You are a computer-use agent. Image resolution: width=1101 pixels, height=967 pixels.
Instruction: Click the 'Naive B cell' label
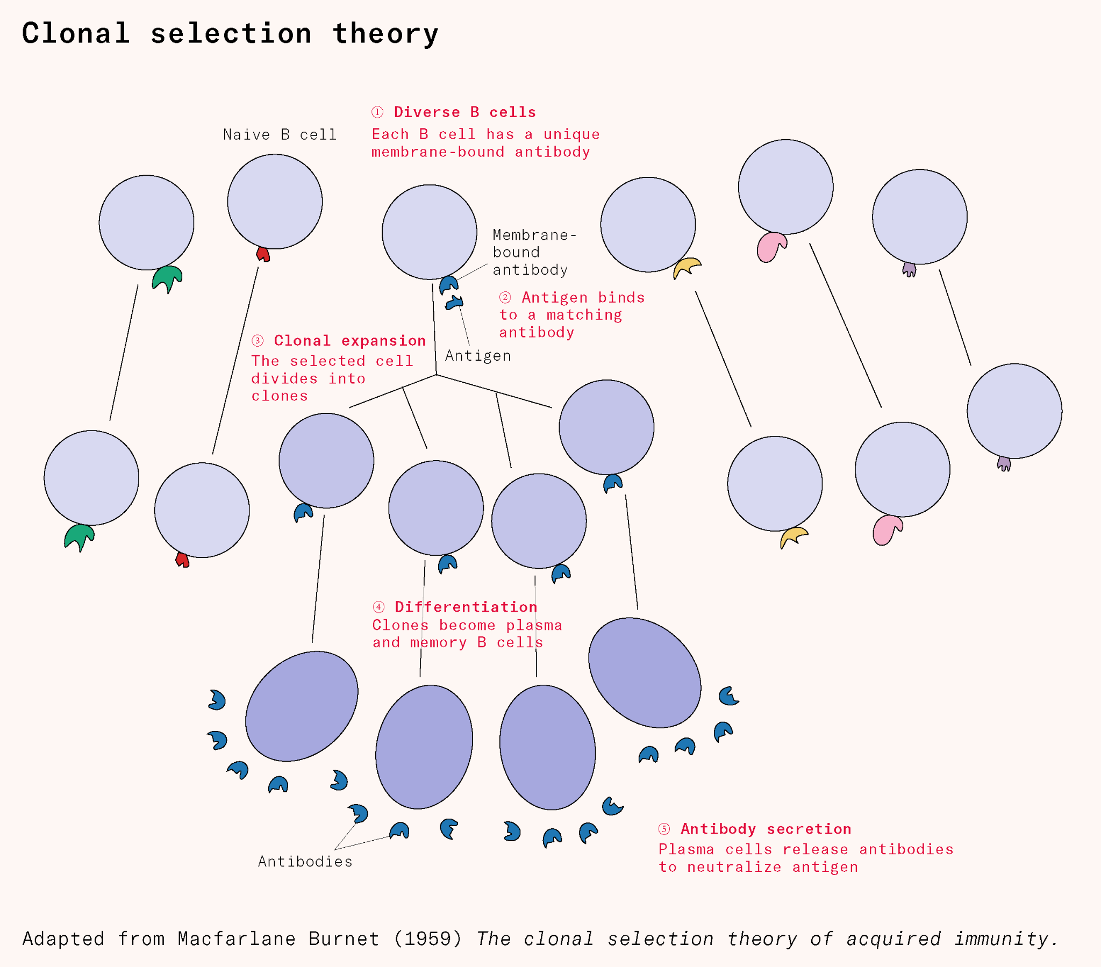[x=280, y=134]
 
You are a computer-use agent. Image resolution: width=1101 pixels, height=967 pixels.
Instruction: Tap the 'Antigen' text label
[x=478, y=355]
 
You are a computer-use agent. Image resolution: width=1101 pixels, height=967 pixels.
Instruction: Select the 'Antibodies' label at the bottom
[x=305, y=862]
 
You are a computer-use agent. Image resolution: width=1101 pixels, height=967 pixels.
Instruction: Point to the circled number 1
[x=377, y=112]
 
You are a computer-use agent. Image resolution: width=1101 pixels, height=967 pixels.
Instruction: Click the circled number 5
[x=663, y=828]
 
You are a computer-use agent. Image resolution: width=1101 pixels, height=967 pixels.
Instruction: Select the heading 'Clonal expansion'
[x=349, y=340]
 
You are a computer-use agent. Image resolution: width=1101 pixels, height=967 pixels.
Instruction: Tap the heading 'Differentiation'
[x=466, y=607]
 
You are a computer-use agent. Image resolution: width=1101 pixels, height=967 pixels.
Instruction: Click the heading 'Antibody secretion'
[x=766, y=828]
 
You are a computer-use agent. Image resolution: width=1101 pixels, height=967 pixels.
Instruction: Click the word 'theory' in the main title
[x=385, y=33]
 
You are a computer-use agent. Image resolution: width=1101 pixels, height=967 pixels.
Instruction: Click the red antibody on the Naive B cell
[x=263, y=254]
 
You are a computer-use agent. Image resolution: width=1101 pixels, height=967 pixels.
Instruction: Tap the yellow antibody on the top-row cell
[x=687, y=267]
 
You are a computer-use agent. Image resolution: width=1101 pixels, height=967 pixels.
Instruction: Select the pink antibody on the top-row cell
[x=771, y=247]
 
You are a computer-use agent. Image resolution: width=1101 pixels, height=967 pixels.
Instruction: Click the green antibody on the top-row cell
[x=167, y=278]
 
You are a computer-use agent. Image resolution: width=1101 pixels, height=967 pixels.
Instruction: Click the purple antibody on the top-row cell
[x=909, y=269]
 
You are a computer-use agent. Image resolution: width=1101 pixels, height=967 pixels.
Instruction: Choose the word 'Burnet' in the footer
[x=343, y=939]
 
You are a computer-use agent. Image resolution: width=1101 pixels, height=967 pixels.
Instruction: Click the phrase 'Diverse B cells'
[x=465, y=112]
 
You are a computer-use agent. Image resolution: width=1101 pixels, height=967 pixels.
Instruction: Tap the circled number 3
[x=258, y=340]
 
